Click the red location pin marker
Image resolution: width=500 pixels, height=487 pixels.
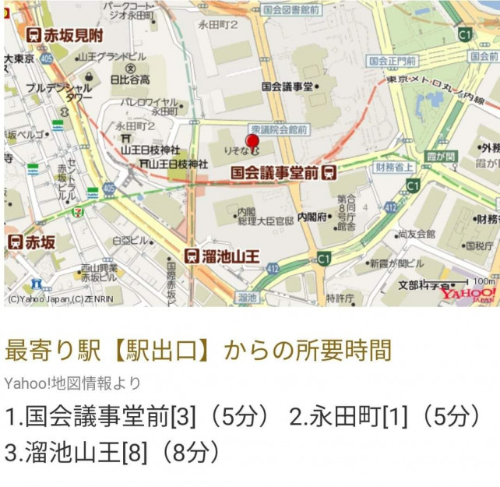click(x=252, y=143)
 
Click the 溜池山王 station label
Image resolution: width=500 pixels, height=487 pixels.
click(x=221, y=256)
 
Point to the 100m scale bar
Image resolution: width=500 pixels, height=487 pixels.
click(x=467, y=281)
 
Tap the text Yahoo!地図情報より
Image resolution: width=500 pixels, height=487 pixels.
click(x=73, y=383)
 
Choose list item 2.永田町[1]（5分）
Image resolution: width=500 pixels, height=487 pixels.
click(x=385, y=417)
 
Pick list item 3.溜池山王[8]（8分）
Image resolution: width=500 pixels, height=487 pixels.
click(x=113, y=451)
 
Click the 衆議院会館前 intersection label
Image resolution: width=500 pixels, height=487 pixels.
click(x=278, y=129)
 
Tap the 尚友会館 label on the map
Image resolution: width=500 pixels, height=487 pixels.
click(x=416, y=232)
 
